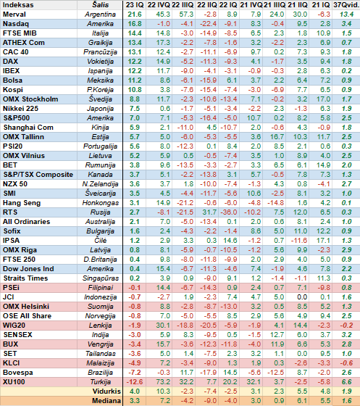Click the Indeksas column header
[x=18, y=5]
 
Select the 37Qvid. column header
[x=346, y=5]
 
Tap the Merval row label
[x=14, y=14]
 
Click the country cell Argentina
[x=100, y=14]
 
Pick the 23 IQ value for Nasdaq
[x=135, y=24]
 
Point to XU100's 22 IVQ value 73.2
[x=163, y=382]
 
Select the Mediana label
[x=106, y=401]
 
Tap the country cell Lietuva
[x=101, y=156]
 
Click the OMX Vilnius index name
[x=24, y=156]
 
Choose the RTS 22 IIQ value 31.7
[x=209, y=212]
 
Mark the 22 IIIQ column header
[x=183, y=5]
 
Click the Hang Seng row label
[x=22, y=203]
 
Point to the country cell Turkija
[x=101, y=382]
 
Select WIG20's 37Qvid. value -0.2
[x=346, y=326]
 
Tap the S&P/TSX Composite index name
[x=38, y=175]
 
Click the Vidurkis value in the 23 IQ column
[x=135, y=391]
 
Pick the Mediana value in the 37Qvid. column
[x=346, y=401]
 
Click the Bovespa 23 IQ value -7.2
[x=135, y=373]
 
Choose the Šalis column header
[x=101, y=5]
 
